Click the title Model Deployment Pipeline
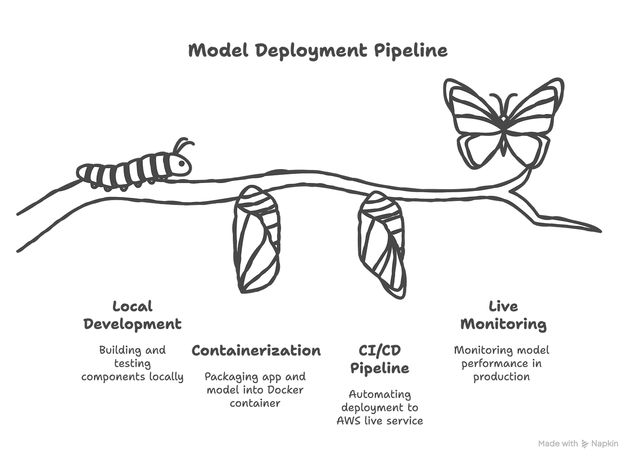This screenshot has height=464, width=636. click(318, 51)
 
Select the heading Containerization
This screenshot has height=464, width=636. click(256, 350)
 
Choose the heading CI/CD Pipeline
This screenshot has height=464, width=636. click(380, 359)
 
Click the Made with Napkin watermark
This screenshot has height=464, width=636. click(578, 443)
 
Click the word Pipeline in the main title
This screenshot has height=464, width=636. click(411, 51)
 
